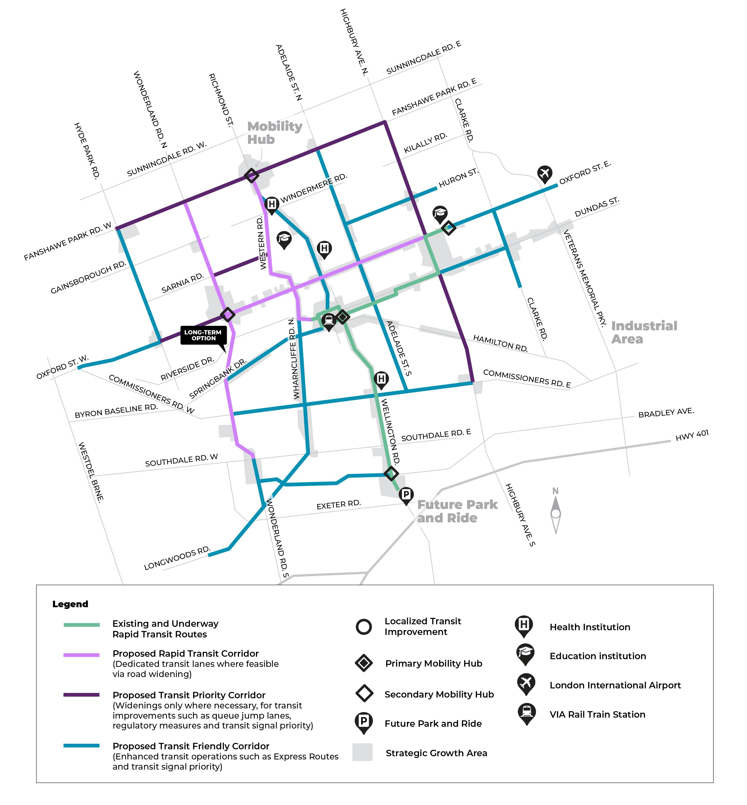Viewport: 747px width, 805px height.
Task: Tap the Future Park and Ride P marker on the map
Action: point(406,495)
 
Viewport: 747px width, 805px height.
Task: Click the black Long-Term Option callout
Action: point(203,335)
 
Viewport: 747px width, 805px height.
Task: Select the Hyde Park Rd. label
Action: point(86,151)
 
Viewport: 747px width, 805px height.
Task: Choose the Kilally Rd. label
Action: point(425,143)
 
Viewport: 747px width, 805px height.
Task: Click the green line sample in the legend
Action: point(82,625)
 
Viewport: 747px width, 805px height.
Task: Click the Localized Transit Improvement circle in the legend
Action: point(364,627)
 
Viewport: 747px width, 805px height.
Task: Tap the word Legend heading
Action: point(70,604)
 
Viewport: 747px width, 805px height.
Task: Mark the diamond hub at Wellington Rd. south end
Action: point(391,474)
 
